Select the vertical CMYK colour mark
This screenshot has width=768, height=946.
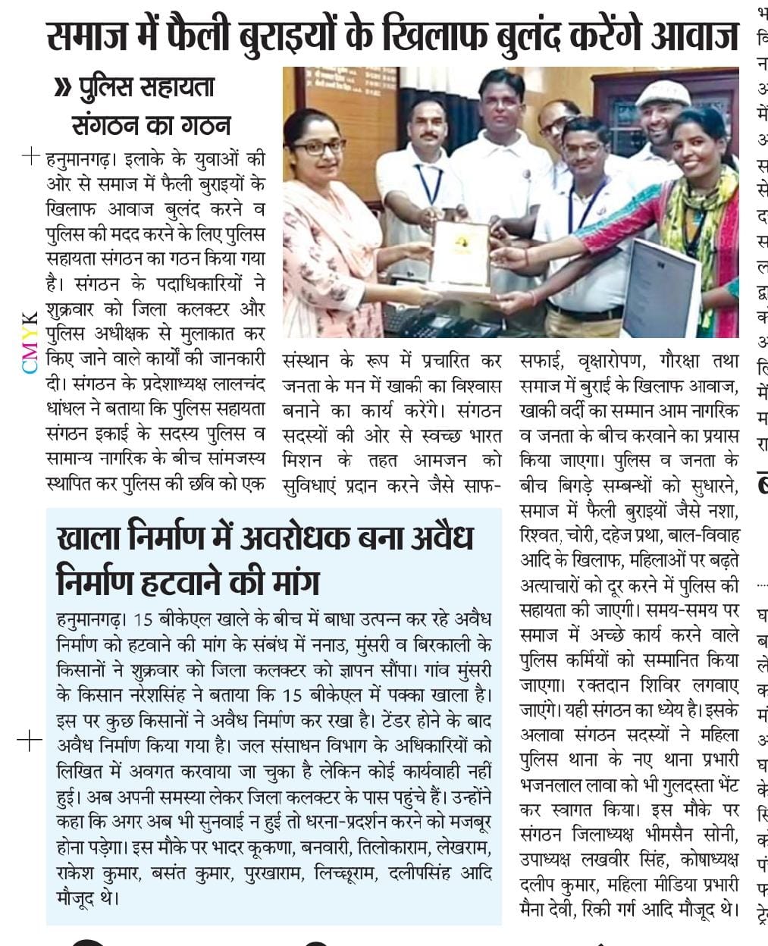29,342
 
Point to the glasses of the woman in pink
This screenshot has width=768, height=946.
318,147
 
